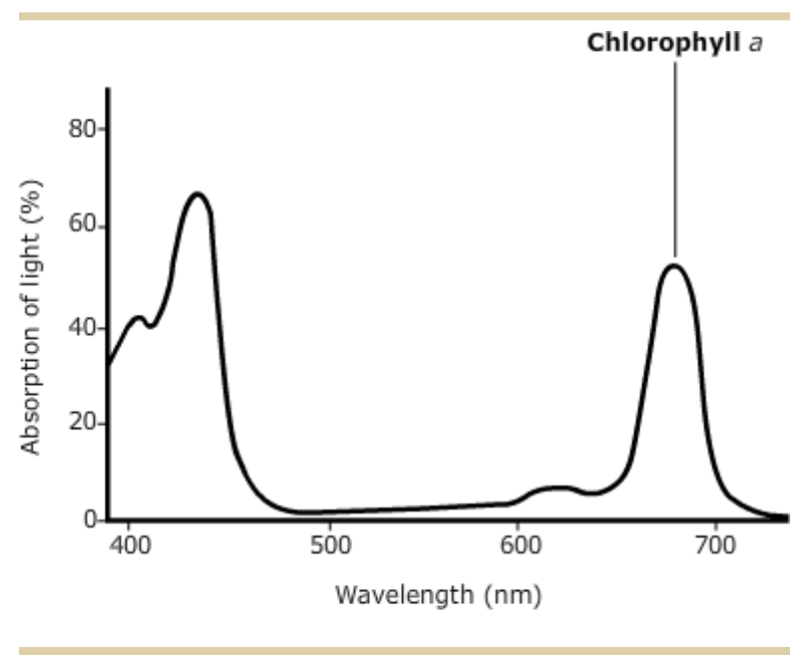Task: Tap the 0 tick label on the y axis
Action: coord(90,519)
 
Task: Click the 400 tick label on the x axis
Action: coord(131,546)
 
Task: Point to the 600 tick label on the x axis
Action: coord(522,546)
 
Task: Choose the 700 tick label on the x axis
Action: coord(716,546)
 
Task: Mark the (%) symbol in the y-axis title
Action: coord(32,197)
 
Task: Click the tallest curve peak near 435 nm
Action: coord(198,193)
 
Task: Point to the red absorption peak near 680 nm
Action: coord(675,264)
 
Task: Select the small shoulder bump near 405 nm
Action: coord(140,318)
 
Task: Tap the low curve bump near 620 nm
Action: coord(559,488)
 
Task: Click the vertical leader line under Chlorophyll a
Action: coord(675,160)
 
